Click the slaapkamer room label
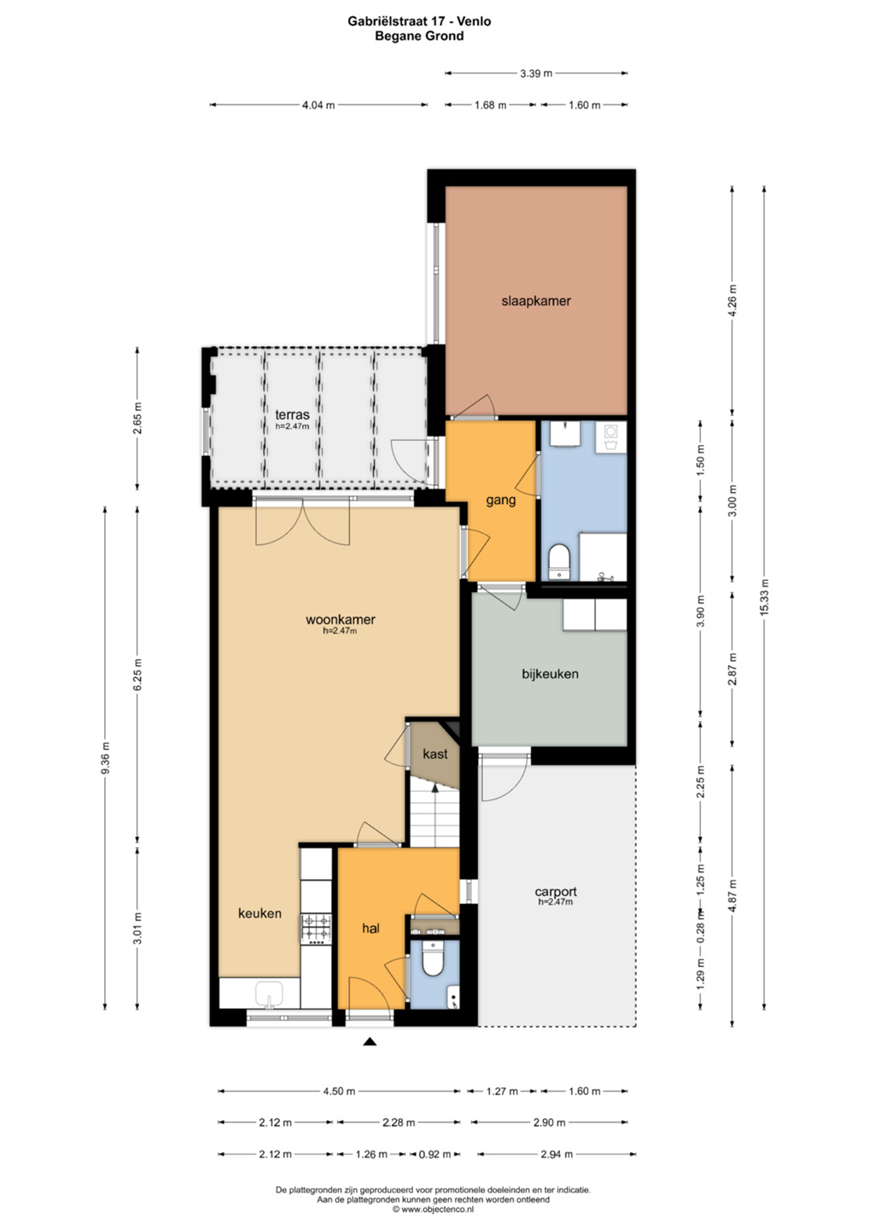click(535, 301)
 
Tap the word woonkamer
click(340, 619)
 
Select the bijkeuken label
click(550, 674)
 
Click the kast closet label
click(435, 754)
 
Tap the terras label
click(293, 415)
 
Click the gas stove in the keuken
click(316, 928)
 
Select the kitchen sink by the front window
click(269, 995)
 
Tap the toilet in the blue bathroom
click(560, 560)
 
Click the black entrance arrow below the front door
click(370, 1041)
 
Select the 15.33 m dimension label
click(764, 597)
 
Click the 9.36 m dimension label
click(105, 758)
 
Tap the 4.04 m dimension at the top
click(318, 105)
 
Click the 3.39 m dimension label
click(536, 73)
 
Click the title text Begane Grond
click(419, 36)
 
